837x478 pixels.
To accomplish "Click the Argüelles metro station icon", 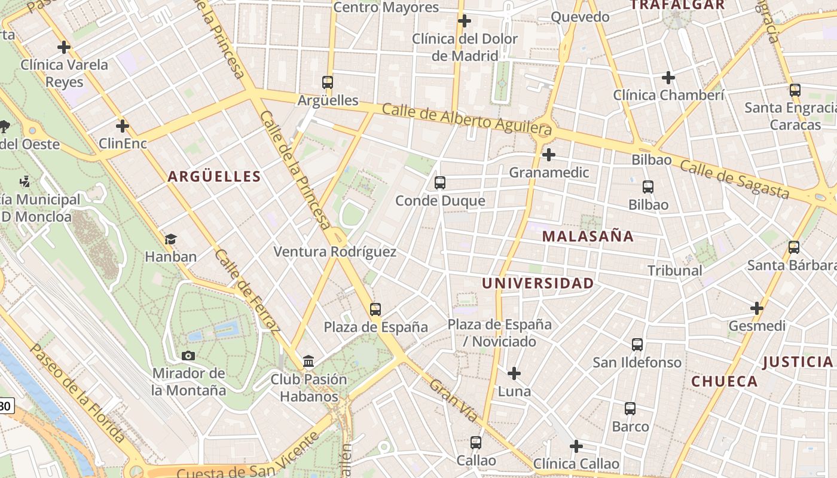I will [327, 82].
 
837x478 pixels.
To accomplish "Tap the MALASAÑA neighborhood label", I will [588, 236].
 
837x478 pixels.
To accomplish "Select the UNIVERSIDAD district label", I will [538, 283].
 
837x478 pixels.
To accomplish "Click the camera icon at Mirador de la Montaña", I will [188, 356].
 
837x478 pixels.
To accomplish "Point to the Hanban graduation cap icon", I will [170, 240].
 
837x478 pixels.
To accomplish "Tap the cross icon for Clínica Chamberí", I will [668, 78].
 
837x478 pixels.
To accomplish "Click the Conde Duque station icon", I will [440, 183].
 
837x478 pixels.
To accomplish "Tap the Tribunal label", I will [675, 271].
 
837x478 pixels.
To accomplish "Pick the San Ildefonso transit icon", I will [637, 345].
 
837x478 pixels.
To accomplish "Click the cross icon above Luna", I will [514, 374].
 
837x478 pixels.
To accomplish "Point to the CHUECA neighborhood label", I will [724, 381].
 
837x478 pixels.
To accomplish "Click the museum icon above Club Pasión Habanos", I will [308, 361].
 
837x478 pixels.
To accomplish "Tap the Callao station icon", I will [476, 443].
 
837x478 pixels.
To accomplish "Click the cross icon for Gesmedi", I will [757, 308].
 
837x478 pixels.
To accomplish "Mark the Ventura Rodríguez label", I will [335, 252].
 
